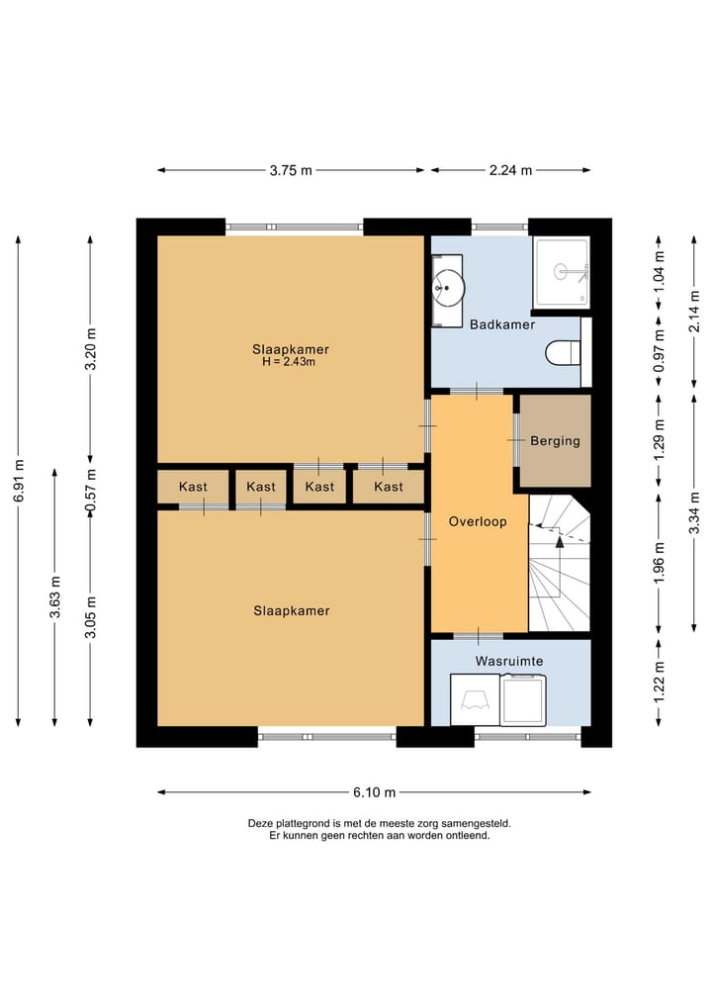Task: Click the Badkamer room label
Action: (502, 324)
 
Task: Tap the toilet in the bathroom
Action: (564, 352)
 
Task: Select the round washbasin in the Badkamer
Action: (448, 288)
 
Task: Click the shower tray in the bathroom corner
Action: (562, 272)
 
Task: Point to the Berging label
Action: (555, 441)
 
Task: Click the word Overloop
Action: (478, 521)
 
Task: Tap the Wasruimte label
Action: (509, 661)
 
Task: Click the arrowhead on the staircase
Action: (560, 541)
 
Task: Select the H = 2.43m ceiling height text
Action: (289, 362)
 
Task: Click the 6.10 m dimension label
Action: (374, 792)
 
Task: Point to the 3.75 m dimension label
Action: (291, 170)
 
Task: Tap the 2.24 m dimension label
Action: (510, 170)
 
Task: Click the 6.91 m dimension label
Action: (19, 481)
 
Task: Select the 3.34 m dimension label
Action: (694, 513)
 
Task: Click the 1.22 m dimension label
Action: (659, 681)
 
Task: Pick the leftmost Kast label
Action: (193, 487)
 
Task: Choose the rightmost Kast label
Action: (389, 487)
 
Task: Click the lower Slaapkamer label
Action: (291, 610)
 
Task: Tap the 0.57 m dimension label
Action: (90, 491)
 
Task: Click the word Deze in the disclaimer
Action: (260, 823)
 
